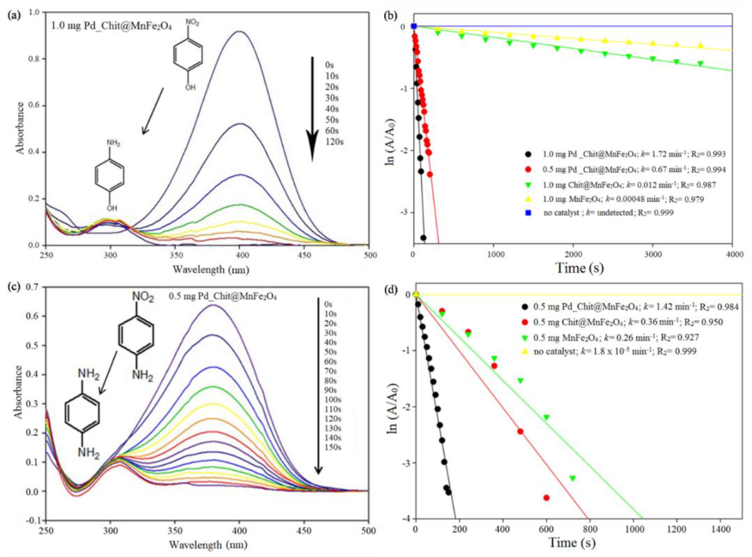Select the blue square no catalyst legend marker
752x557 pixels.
click(528, 213)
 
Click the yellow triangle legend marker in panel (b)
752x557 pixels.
click(528, 199)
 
